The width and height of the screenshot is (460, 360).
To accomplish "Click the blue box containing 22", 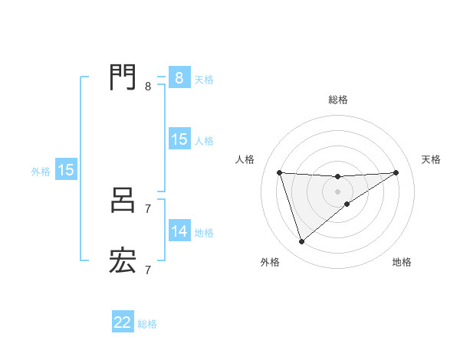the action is (123, 322).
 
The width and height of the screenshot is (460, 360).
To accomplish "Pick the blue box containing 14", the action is (179, 231).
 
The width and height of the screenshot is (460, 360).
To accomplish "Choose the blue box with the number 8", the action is (179, 77).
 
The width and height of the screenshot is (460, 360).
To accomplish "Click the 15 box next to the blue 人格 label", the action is (179, 139).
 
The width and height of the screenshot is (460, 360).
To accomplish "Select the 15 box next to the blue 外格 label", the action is (66, 170).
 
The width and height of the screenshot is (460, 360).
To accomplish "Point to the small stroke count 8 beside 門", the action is (148, 87).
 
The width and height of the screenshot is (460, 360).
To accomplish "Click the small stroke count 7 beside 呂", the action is (148, 208).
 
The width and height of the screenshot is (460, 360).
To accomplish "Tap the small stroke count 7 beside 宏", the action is (148, 270).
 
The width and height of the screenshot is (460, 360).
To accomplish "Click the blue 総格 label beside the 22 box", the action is (147, 324).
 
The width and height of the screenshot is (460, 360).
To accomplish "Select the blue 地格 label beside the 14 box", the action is (204, 232).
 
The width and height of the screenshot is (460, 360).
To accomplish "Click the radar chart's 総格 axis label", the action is (338, 100).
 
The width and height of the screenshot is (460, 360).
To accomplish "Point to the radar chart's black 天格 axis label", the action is (432, 159).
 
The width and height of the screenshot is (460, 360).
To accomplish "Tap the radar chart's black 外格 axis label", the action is (270, 262).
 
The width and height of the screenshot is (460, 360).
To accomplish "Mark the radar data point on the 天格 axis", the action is (396, 172).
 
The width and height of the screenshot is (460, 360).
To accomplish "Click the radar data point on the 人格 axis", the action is (280, 172).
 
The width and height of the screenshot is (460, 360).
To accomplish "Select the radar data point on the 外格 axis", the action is (301, 242).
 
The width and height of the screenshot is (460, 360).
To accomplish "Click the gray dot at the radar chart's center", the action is (338, 191).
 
